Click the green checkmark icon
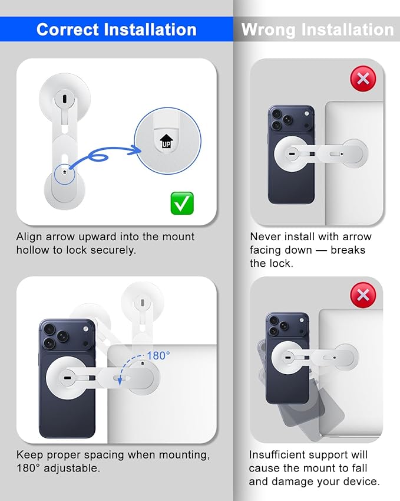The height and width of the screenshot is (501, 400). [x=182, y=203]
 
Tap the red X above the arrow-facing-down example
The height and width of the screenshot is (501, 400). [x=363, y=78]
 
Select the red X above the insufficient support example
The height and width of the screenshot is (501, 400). [x=363, y=295]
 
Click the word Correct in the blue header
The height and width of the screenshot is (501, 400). [x=68, y=30]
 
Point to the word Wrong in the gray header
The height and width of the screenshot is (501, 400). [x=268, y=30]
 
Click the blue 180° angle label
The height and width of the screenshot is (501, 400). [x=158, y=356]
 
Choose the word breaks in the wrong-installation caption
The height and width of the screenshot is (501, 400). [x=348, y=250]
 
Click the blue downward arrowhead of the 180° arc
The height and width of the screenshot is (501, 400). [x=120, y=381]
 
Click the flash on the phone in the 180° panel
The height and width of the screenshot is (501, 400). [x=85, y=329]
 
